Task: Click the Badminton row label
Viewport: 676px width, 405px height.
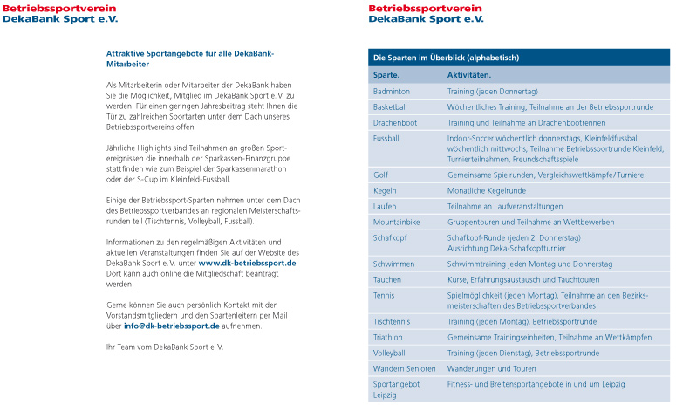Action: (392, 91)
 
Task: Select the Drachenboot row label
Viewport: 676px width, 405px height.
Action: (395, 122)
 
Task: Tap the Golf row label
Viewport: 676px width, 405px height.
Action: (381, 175)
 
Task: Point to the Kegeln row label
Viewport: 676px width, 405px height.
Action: (385, 190)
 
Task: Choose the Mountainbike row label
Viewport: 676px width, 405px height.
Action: (396, 222)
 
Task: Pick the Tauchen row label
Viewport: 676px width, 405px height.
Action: (387, 279)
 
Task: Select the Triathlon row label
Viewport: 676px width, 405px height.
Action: (388, 337)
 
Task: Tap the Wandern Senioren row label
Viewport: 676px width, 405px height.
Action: (404, 368)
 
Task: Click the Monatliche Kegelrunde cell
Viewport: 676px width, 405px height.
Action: (487, 190)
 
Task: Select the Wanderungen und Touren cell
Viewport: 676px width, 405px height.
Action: (491, 368)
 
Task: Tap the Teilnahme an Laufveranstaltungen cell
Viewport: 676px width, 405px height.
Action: (505, 206)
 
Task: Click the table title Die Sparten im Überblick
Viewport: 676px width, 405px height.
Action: (446, 58)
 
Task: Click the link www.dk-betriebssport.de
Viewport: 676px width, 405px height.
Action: (248, 263)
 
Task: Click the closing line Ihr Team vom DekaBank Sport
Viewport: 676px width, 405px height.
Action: (165, 347)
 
